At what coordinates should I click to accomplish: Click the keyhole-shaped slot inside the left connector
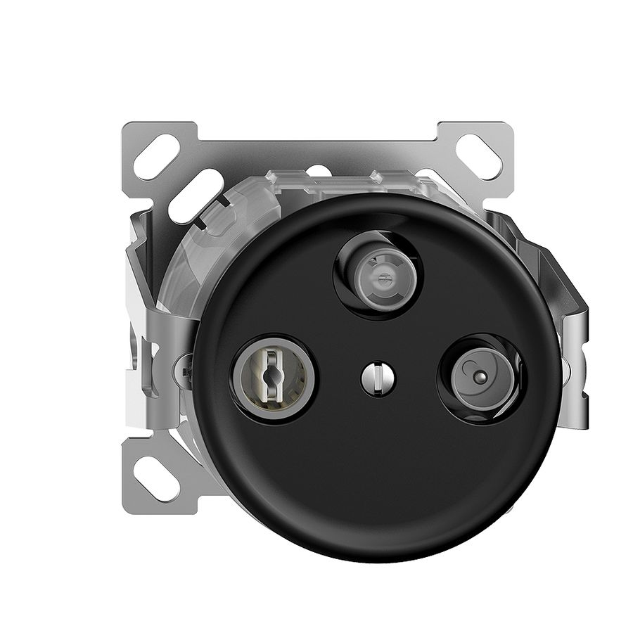(x=274, y=376)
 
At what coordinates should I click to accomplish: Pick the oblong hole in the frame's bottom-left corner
(x=158, y=480)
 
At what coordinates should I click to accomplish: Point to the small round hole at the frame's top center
(x=318, y=170)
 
